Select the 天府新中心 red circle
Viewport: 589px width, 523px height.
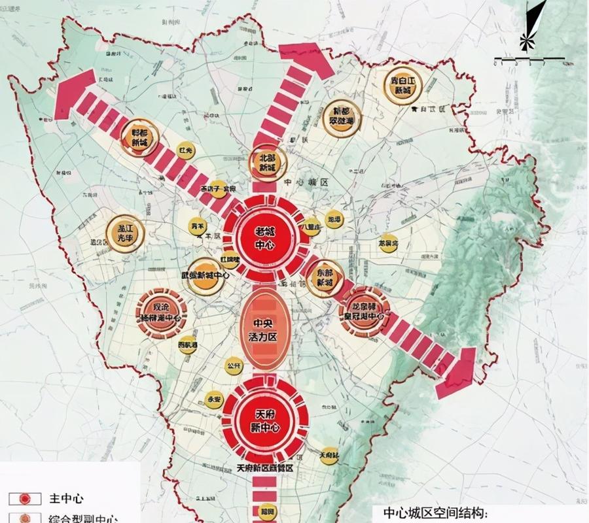pos(265,418)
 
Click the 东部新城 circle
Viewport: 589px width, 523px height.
pos(325,278)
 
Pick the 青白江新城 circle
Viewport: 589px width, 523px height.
pos(402,86)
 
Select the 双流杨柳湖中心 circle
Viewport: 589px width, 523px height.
pos(161,312)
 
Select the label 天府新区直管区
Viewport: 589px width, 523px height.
pos(265,469)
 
